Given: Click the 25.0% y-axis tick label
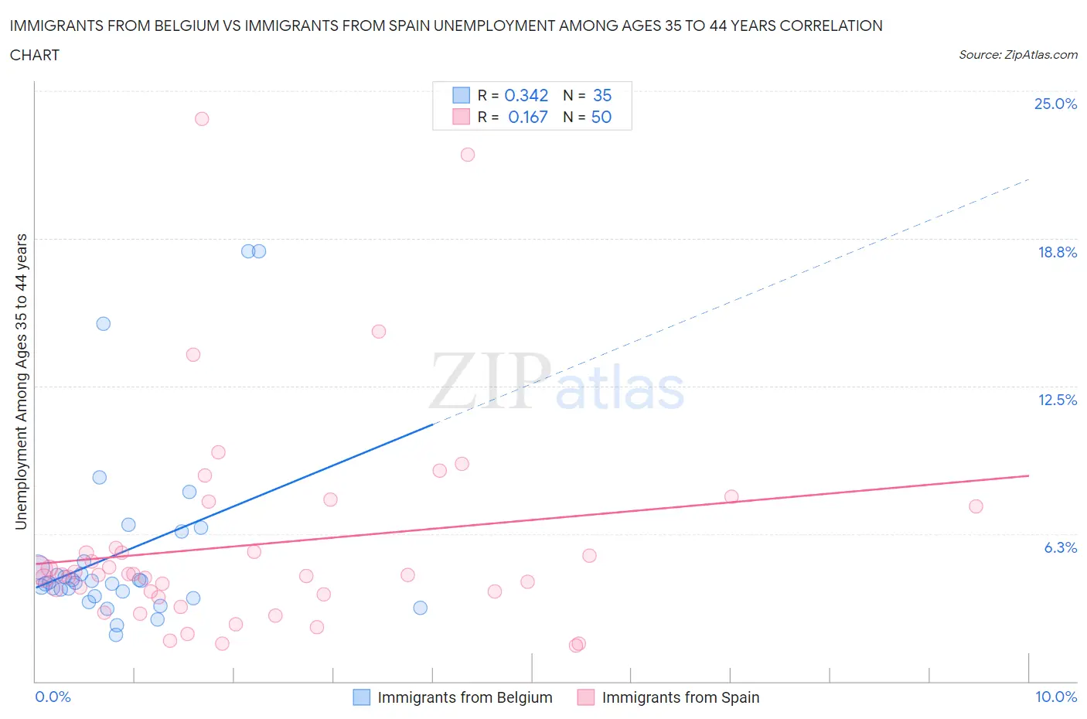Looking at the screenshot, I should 1055,104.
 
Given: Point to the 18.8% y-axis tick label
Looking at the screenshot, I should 1057,252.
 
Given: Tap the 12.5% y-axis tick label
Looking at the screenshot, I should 1057,400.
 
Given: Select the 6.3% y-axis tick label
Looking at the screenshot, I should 1060,547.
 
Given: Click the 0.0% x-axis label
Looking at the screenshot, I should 53,697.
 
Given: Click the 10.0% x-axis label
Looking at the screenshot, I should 1055,697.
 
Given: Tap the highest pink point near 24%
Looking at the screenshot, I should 202,118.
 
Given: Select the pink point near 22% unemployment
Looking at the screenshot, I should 468,155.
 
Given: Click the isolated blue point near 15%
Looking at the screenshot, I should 104,324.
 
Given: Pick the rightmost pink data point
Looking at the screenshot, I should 976,506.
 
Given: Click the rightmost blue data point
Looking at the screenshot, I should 421,608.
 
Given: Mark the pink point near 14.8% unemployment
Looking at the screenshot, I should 379,332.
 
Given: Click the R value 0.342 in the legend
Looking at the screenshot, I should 526,95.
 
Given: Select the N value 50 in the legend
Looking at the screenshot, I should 601,117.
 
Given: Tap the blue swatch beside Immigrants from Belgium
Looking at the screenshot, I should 361,697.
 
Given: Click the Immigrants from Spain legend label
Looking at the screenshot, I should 680,697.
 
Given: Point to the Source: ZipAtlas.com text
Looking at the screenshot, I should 1017,55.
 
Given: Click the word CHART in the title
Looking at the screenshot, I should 35,55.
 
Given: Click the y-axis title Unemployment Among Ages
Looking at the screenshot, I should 21,381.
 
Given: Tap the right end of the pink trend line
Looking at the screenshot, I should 1028,475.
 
